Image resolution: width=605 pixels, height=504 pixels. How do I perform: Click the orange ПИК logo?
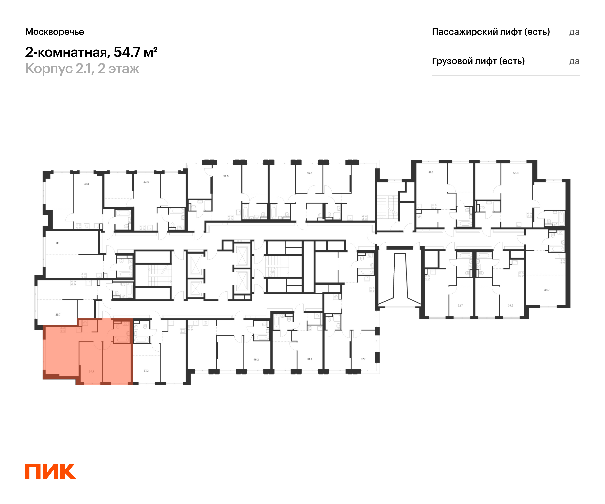pos(50,471)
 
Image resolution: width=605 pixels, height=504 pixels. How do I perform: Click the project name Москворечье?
pos(55,32)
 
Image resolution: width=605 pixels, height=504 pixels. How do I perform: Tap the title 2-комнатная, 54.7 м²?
pos(91,52)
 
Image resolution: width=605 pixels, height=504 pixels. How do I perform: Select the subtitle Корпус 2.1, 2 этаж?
pos(82,69)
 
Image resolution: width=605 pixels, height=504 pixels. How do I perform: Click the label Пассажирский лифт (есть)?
pos(491,32)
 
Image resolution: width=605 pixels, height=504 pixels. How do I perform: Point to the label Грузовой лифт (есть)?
pos(478,61)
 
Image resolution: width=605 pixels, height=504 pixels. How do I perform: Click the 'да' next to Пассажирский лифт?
pos(574,32)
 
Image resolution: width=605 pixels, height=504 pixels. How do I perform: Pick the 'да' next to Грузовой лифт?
pos(574,61)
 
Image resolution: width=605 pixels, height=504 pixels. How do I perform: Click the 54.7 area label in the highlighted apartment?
pos(91,371)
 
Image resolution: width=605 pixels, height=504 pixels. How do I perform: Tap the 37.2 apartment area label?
pos(146,371)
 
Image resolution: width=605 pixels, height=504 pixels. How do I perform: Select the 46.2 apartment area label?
pos(256,359)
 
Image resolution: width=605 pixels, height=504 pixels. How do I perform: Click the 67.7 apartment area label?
pos(363,359)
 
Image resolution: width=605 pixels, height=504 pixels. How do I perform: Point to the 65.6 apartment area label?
pos(309,173)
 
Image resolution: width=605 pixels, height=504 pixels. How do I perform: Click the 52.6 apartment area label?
pos(226,176)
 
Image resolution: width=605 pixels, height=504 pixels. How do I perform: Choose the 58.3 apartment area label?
pos(516,173)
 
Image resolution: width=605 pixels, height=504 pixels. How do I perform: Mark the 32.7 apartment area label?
pos(460,306)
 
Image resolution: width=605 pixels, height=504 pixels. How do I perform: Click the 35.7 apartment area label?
pos(58,315)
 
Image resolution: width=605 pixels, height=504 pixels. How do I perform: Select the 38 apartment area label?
pos(58,243)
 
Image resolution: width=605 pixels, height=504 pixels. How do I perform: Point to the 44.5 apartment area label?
pos(146,182)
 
